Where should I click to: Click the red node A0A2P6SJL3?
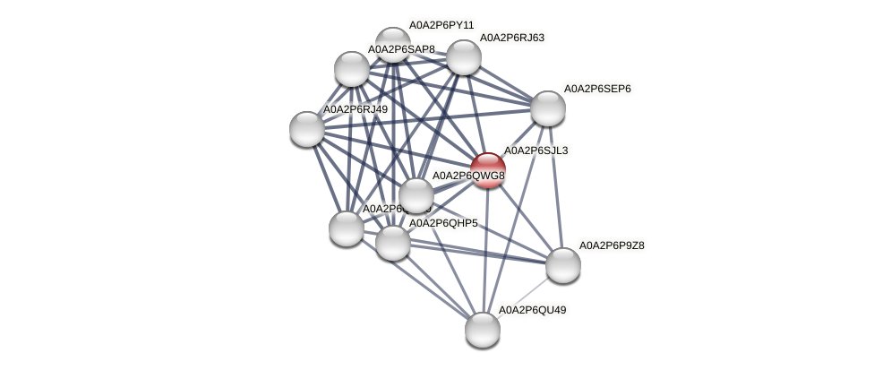(x=488, y=170)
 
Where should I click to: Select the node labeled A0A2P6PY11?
(x=392, y=44)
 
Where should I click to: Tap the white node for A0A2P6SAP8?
(x=351, y=69)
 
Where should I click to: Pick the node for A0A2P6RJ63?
(x=463, y=57)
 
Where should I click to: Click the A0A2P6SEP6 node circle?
(x=548, y=108)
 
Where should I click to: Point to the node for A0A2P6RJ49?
(x=307, y=129)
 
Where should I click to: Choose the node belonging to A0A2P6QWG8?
(x=416, y=195)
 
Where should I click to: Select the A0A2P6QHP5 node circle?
(x=392, y=243)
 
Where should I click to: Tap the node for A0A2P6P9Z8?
(x=563, y=264)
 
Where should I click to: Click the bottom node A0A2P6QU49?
(x=483, y=330)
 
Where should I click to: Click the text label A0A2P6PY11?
(x=441, y=25)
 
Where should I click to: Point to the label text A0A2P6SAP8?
(x=401, y=49)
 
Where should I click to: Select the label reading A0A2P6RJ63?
(x=512, y=38)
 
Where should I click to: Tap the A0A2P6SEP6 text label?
(x=597, y=89)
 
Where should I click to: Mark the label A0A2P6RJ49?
(x=356, y=109)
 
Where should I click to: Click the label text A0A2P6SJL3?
(x=536, y=151)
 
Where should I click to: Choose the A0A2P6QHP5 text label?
(x=443, y=223)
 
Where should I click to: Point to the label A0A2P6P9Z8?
(x=612, y=245)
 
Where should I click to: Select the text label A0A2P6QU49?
(x=532, y=310)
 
